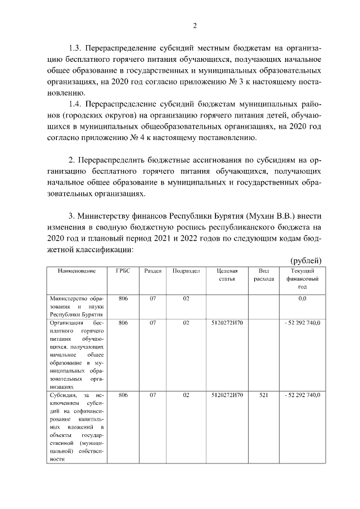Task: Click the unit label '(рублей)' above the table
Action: click(306, 260)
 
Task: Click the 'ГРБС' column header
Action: click(123, 271)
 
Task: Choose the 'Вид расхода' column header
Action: click(264, 274)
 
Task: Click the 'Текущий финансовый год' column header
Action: click(302, 278)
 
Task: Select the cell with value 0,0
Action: click(302, 299)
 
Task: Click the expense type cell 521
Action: click(264, 395)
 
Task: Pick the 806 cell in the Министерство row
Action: click(123, 299)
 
